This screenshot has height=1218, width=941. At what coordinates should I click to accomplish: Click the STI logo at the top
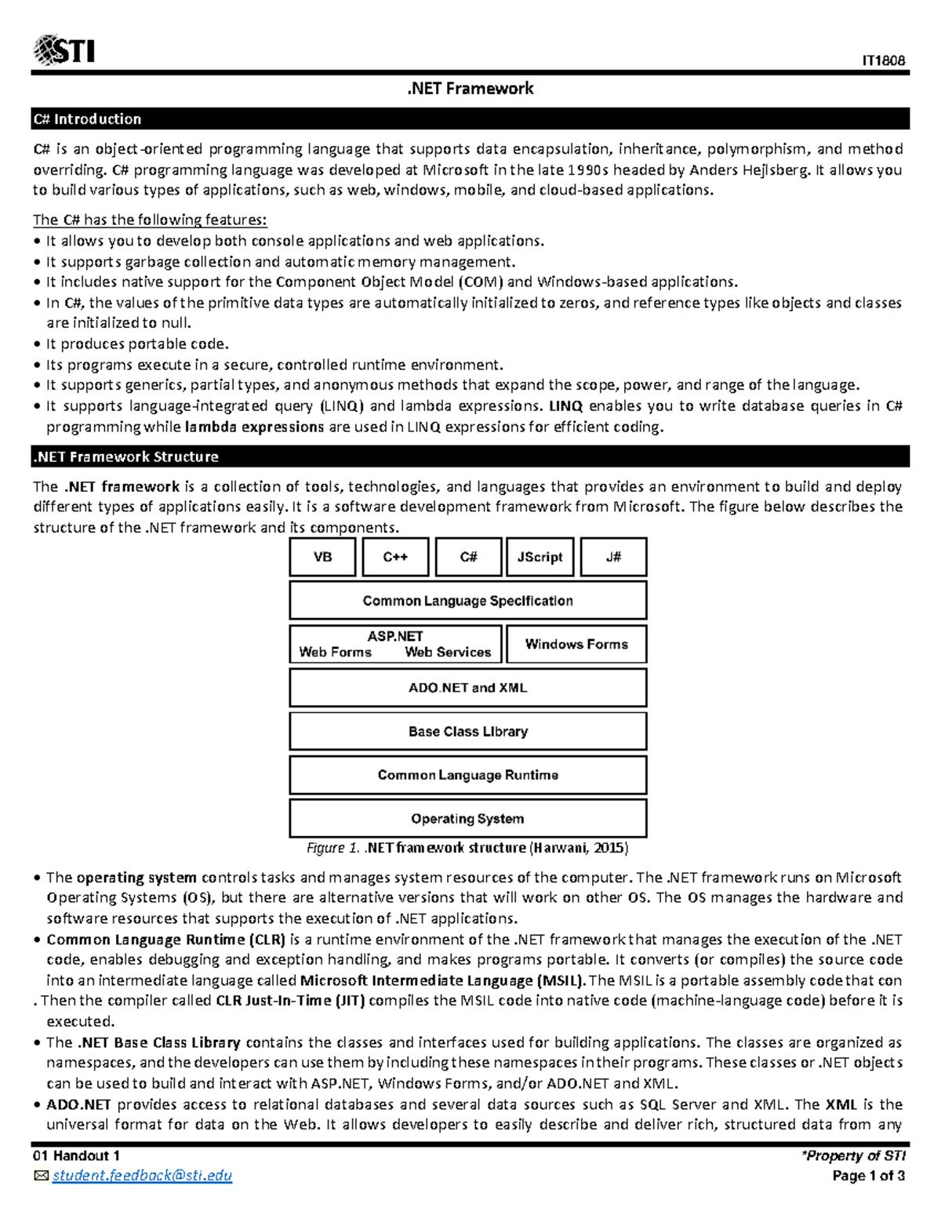(x=64, y=51)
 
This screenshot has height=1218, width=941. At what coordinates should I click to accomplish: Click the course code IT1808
(x=883, y=60)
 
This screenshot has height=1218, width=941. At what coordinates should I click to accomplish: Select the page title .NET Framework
(x=470, y=89)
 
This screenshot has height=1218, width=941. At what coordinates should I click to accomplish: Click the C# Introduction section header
(x=87, y=119)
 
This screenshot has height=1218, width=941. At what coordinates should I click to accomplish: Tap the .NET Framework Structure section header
(x=125, y=456)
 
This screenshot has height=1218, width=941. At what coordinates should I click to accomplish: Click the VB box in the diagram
(x=322, y=557)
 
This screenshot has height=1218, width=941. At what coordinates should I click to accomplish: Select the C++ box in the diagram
(x=395, y=557)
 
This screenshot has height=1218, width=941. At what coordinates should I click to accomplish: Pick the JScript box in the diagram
(x=540, y=557)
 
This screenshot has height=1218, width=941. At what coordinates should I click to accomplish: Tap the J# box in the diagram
(x=613, y=557)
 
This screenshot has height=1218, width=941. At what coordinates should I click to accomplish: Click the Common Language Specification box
(x=467, y=601)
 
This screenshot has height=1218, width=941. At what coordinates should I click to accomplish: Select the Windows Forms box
(x=576, y=644)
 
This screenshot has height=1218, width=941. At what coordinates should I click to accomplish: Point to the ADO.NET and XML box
(x=467, y=688)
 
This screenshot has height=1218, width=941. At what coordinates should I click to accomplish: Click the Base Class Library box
(x=467, y=731)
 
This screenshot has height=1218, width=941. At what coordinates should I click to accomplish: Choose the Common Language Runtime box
(x=467, y=775)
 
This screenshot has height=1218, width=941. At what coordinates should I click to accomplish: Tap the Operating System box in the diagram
(x=467, y=819)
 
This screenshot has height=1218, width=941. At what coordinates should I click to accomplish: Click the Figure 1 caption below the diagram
(x=467, y=848)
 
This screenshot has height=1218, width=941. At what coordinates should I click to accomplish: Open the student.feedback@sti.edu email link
(x=142, y=1175)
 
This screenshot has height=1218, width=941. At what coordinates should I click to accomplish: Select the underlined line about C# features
(x=150, y=220)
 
